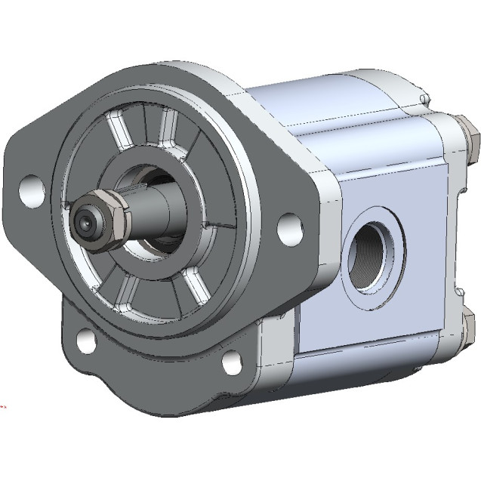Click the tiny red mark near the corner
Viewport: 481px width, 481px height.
[2, 412]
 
